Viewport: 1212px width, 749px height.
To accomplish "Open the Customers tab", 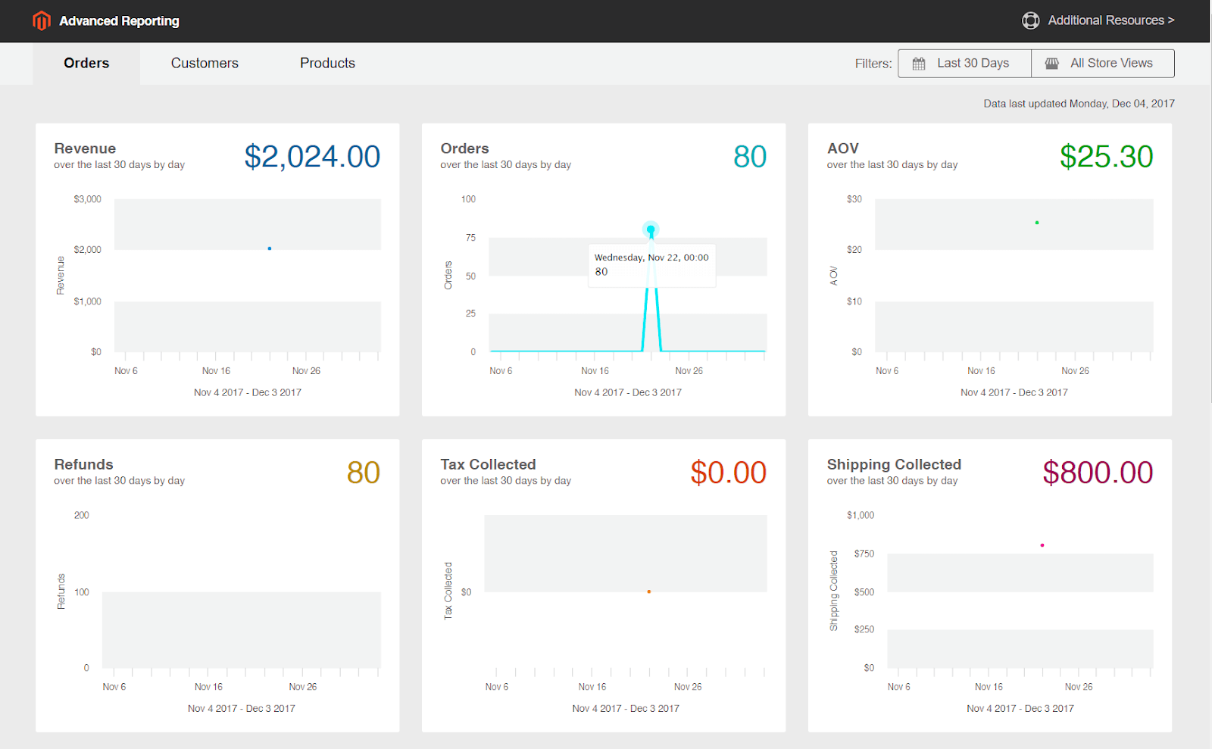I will pos(205,64).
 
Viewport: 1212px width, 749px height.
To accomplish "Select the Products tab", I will pos(327,64).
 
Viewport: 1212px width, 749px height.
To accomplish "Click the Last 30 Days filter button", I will pos(964,64).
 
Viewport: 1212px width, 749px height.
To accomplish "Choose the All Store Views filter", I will pos(1103,64).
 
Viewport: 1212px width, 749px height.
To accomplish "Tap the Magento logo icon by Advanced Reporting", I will pos(42,20).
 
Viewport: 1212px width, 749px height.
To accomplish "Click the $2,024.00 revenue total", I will pos(312,157).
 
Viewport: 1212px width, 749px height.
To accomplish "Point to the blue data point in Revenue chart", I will pos(270,248).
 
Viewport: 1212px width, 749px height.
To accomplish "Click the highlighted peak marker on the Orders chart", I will pos(651,229).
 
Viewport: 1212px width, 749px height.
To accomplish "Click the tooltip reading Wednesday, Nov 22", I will pos(651,265).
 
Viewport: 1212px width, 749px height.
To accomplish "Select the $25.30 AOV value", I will pos(1106,157).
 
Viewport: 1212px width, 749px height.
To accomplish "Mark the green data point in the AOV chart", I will pos(1037,223).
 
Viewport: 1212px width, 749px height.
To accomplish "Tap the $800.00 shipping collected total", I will pos(1098,473).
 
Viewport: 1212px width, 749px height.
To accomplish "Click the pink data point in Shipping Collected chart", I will pos(1042,545).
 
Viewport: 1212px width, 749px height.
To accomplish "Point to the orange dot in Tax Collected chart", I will pos(649,591).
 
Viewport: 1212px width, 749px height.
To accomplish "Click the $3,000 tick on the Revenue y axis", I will pos(87,199).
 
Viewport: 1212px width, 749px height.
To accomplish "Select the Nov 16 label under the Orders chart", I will pos(595,371).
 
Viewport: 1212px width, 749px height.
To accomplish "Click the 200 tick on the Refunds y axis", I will pos(81,515).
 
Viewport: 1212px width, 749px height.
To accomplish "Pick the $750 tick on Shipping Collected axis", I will pos(864,554).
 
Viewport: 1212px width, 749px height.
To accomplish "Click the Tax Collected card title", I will pos(488,464).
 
